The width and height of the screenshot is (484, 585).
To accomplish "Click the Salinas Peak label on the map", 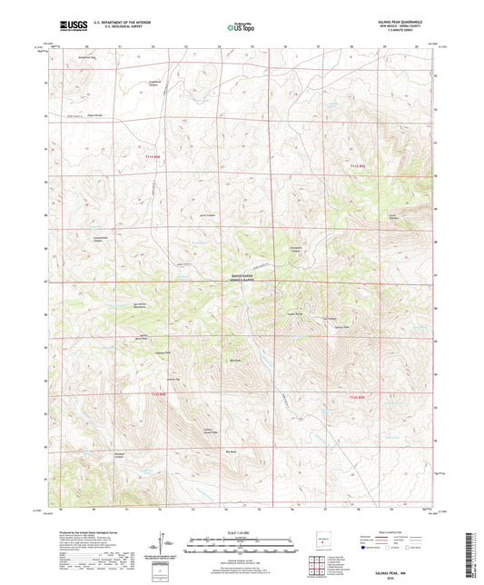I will pyautogui.click(x=342, y=326).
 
